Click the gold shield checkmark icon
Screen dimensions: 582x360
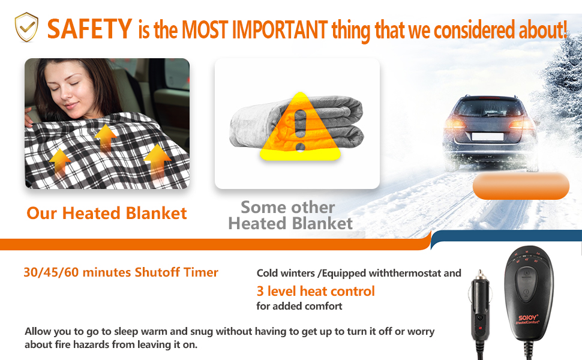click(x=26, y=27)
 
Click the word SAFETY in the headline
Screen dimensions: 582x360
click(x=89, y=29)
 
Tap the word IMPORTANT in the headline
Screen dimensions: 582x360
click(x=280, y=29)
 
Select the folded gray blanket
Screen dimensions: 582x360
click(x=297, y=123)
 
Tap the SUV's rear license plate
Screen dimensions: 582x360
click(x=487, y=136)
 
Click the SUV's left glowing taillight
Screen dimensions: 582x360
click(x=455, y=123)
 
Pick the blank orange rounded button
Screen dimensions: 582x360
click(x=521, y=185)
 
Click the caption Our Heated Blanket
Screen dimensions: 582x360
click(x=107, y=213)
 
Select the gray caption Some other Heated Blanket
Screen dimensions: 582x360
click(x=290, y=215)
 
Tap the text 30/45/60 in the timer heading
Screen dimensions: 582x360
click(x=51, y=272)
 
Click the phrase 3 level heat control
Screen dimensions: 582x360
click(x=316, y=291)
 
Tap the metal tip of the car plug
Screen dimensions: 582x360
click(x=480, y=275)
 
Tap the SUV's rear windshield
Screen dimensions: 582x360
click(x=488, y=107)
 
